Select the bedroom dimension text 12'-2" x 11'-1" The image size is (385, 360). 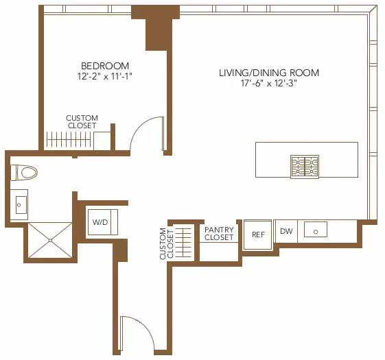pos(104,77)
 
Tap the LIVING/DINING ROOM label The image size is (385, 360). pos(269,73)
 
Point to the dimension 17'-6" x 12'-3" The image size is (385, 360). pos(269,84)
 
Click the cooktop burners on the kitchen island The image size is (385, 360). pos(305,167)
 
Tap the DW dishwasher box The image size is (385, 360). pos(286,232)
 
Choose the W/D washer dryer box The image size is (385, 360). pos(100,222)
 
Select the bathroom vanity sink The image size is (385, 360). pos(20,204)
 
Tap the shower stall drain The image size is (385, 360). pos(49,240)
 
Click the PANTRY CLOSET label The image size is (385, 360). pos(219,234)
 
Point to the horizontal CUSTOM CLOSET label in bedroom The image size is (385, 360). pos(82,122)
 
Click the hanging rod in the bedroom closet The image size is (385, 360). pos(69,139)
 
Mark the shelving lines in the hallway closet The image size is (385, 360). pos(184,241)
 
